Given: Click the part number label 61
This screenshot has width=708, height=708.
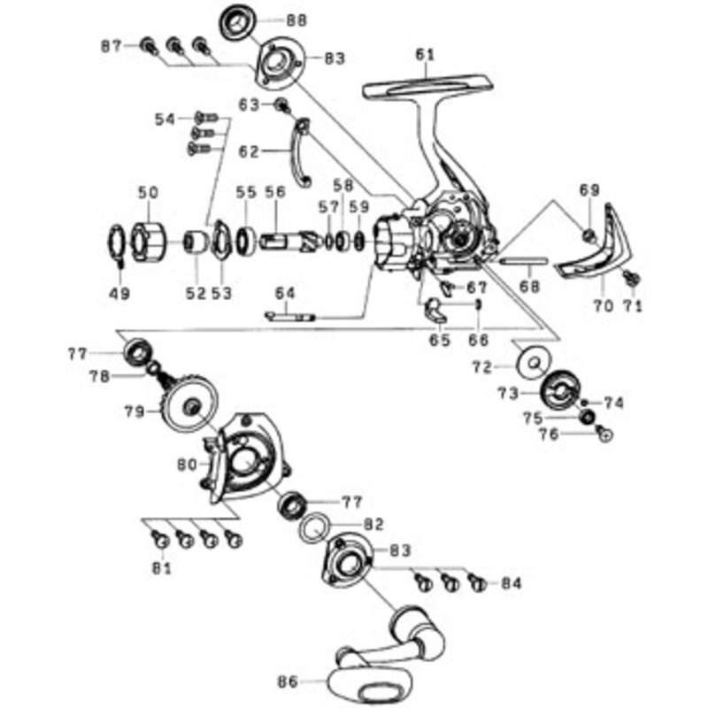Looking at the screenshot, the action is (x=425, y=55).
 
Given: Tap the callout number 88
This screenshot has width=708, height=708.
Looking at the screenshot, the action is (x=296, y=20).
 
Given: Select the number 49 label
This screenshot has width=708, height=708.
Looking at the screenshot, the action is (x=119, y=294).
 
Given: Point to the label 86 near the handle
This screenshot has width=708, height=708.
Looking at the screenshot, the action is (x=288, y=681).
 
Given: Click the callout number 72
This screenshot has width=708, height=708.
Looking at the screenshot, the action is (x=482, y=367).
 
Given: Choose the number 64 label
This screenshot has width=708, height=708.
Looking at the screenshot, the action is (x=285, y=294).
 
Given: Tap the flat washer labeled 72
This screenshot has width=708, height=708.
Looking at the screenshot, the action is (x=535, y=362).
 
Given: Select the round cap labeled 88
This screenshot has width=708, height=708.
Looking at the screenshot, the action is (x=238, y=23).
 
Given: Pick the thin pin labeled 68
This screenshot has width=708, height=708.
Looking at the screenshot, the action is (x=525, y=261).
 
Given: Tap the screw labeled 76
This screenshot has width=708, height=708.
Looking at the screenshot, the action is (x=604, y=433).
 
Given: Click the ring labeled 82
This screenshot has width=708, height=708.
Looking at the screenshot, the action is (x=314, y=527).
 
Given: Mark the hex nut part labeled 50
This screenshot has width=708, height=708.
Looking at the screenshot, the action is (x=149, y=242).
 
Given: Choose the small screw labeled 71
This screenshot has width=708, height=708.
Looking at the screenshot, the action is (x=631, y=278).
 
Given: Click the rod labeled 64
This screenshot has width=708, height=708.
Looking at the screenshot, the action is (x=290, y=317).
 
